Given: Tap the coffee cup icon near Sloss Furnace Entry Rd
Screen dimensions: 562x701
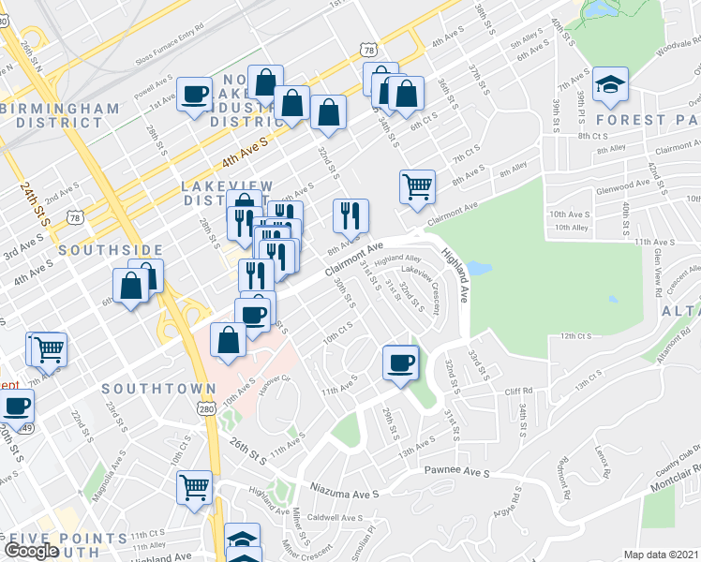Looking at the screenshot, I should point(195,95).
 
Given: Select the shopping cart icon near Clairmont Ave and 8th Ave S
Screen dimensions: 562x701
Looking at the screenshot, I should point(416,185).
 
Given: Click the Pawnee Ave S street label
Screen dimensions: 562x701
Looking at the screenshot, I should point(457,473).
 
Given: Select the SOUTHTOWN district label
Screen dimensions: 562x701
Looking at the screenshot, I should point(151,387).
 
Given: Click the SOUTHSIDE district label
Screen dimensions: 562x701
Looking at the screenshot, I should point(111,251).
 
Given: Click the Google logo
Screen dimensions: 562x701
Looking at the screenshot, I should point(31,550).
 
